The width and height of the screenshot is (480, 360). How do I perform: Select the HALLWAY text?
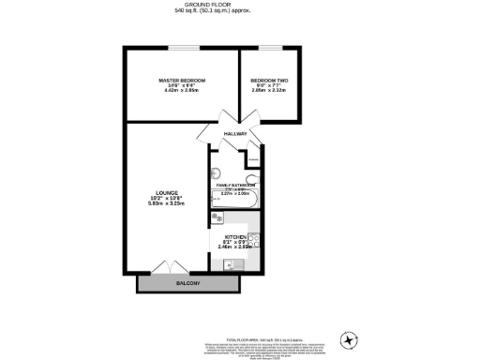pyautogui.click(x=236, y=134)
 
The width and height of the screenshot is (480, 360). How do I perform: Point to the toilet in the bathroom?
pyautogui.click(x=250, y=178)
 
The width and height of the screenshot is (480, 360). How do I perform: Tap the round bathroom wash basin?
pyautogui.click(x=216, y=172)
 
